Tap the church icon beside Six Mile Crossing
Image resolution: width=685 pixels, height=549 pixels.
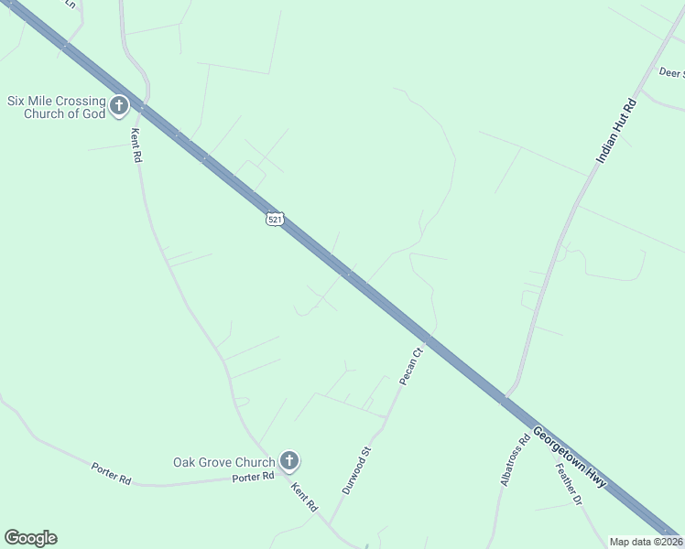119,107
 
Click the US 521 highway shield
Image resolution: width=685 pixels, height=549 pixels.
276,219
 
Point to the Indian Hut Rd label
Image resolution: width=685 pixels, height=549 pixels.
615,131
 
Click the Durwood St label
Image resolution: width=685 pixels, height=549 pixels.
356,470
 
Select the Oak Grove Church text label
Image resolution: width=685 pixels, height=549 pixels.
223,462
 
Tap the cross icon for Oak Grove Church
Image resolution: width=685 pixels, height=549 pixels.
288,461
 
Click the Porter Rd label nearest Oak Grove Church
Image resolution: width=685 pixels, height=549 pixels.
253,478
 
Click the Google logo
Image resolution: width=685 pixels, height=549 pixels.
30,538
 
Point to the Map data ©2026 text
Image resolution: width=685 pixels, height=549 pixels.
647,542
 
